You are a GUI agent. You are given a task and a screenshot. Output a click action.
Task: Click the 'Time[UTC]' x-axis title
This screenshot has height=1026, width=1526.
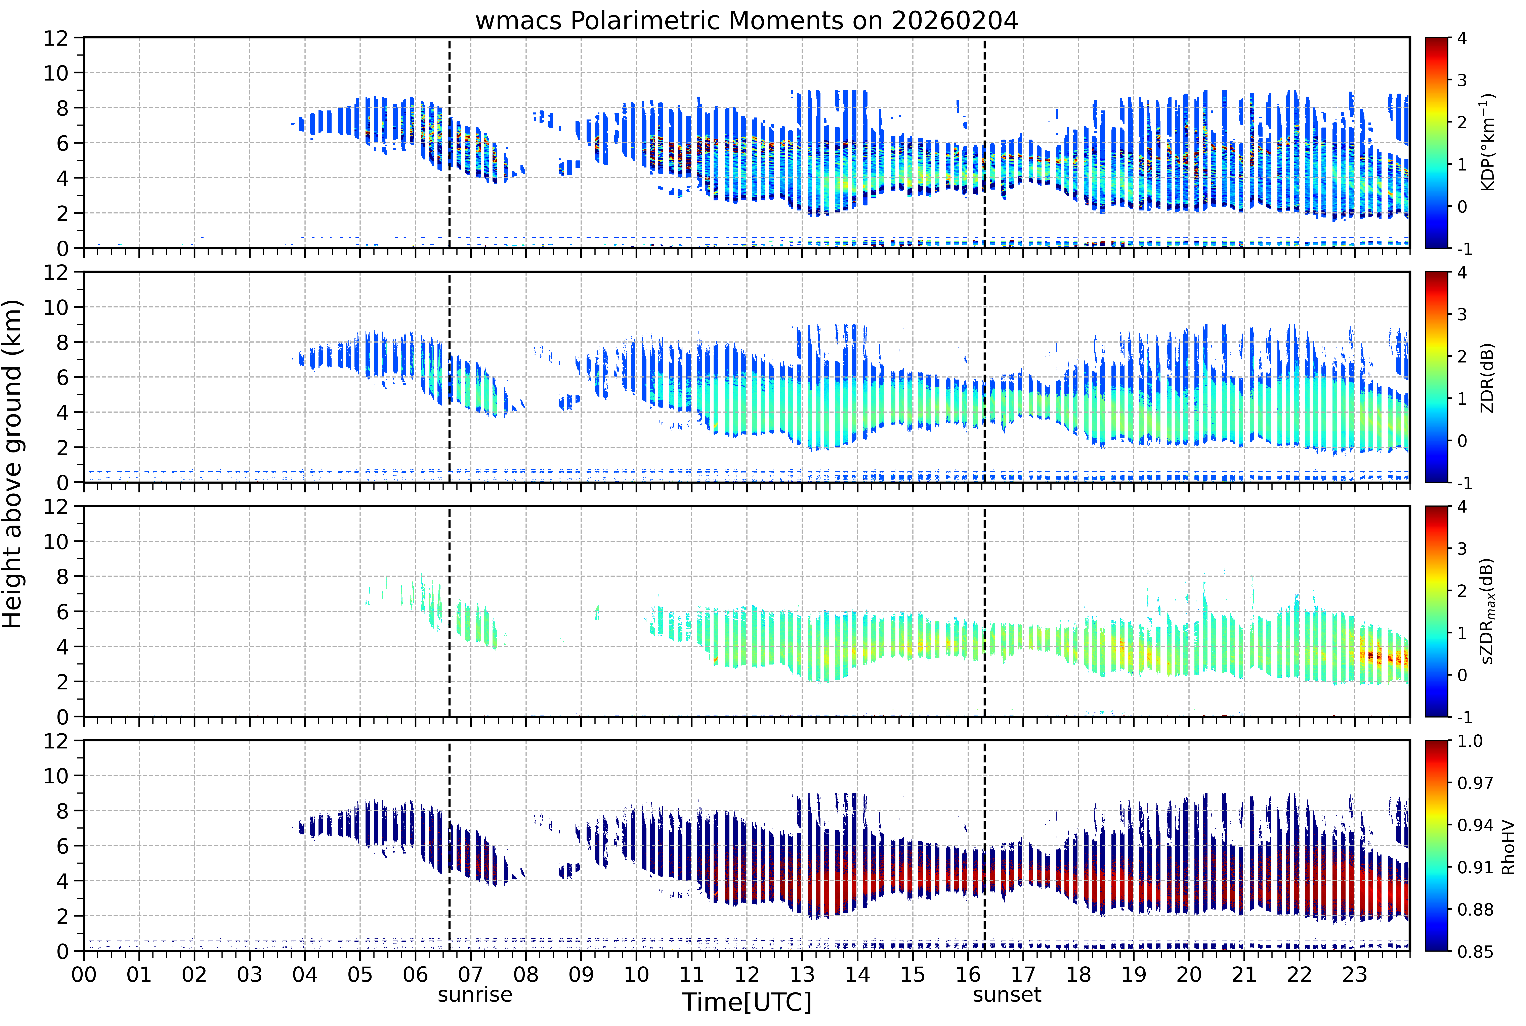[746, 1002]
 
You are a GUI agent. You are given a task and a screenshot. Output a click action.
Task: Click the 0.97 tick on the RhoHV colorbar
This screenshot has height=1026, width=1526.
[1475, 783]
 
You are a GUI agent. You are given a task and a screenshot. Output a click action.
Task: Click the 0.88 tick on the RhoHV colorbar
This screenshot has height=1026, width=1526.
[1475, 910]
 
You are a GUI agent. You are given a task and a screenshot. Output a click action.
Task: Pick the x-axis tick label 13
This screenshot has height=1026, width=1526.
[802, 975]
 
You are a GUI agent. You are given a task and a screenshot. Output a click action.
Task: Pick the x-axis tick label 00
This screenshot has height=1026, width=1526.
[84, 975]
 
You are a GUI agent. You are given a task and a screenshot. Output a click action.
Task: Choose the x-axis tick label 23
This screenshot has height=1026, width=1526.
[1354, 975]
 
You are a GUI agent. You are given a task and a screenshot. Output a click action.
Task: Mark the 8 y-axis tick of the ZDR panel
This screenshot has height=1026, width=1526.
[62, 342]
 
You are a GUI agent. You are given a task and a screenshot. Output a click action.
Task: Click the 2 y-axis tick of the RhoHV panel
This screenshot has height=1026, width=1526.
[62, 916]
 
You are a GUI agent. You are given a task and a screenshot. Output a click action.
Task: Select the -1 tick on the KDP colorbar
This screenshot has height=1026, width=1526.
[1465, 249]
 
